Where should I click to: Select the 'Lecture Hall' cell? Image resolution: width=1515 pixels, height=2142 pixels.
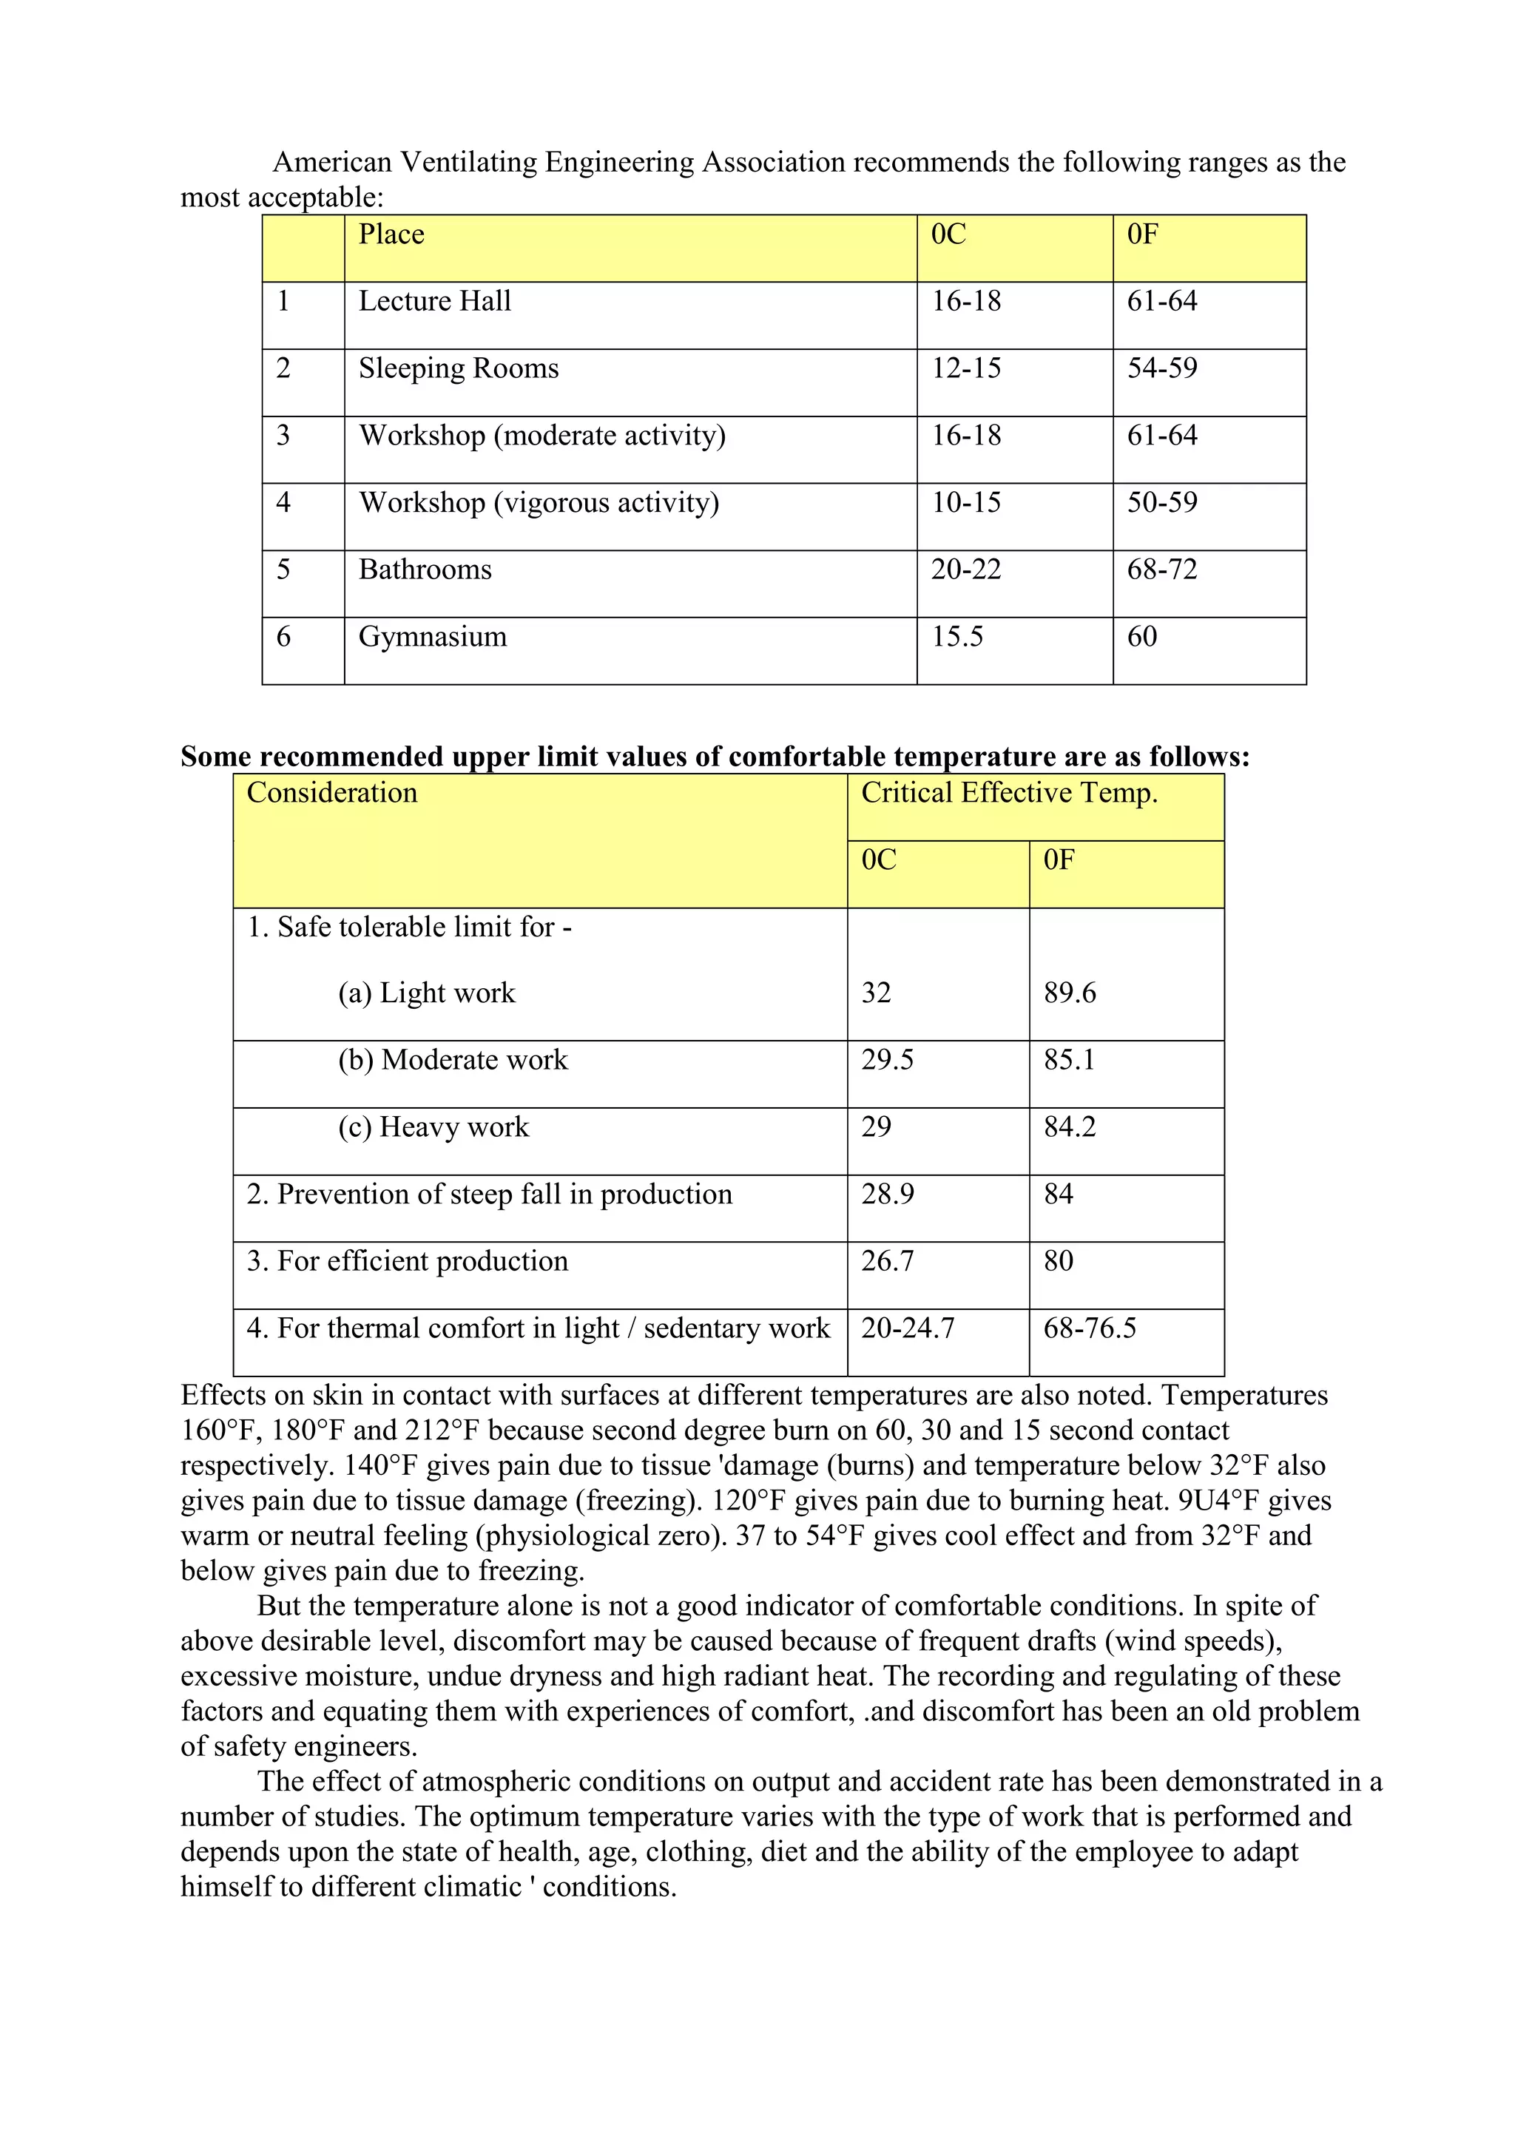click(x=435, y=301)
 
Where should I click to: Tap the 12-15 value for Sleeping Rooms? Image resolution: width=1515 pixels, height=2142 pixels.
click(x=965, y=368)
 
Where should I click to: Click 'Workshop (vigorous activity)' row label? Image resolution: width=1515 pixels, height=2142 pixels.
click(x=539, y=503)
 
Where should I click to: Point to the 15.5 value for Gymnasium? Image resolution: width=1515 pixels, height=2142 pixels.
click(x=957, y=636)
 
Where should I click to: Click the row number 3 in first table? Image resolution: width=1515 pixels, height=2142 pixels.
click(x=283, y=436)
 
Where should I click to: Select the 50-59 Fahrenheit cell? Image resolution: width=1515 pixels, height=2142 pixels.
click(x=1161, y=503)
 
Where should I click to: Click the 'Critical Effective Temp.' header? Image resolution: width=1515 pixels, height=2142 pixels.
click(x=1008, y=793)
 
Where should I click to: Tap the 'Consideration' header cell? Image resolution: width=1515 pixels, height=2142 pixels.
click(x=332, y=793)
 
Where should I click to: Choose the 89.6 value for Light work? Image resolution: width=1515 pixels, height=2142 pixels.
click(x=1069, y=993)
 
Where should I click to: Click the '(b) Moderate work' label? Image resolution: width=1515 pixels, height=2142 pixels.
click(x=453, y=1060)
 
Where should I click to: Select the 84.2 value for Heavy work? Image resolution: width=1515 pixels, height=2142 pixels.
click(x=1069, y=1127)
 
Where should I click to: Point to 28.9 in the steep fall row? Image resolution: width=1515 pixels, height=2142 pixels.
click(x=887, y=1194)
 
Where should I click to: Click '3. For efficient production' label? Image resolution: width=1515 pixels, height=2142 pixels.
click(x=407, y=1261)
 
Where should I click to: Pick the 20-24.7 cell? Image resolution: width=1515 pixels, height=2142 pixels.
click(x=908, y=1328)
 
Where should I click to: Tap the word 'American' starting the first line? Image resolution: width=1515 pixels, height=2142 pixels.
click(x=332, y=162)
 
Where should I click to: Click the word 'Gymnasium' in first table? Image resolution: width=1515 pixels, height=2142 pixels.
click(x=433, y=636)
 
